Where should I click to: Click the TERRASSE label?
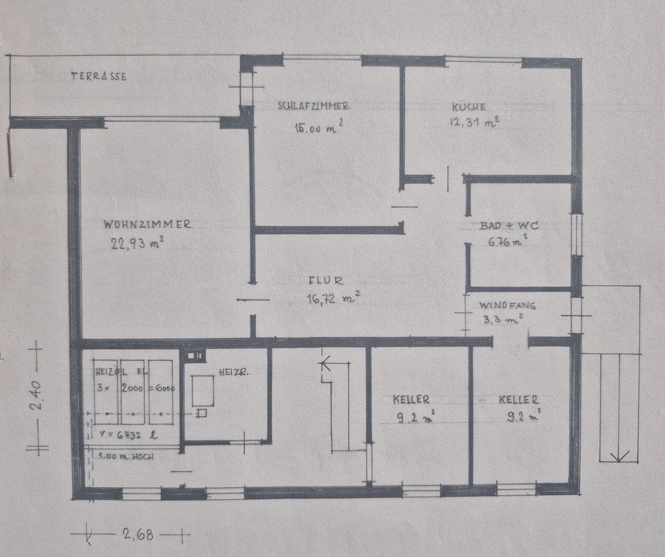click(98, 76)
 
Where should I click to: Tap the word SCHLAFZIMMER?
click(313, 106)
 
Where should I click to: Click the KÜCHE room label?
click(469, 107)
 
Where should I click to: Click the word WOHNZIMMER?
click(147, 224)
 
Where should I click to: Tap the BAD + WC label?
click(509, 226)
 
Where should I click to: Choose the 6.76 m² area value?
click(507, 241)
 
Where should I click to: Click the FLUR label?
click(326, 281)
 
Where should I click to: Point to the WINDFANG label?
click(507, 305)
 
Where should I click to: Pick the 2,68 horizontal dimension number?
click(138, 534)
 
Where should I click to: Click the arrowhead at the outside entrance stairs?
click(620, 456)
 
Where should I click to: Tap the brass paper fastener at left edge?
click(10, 154)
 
